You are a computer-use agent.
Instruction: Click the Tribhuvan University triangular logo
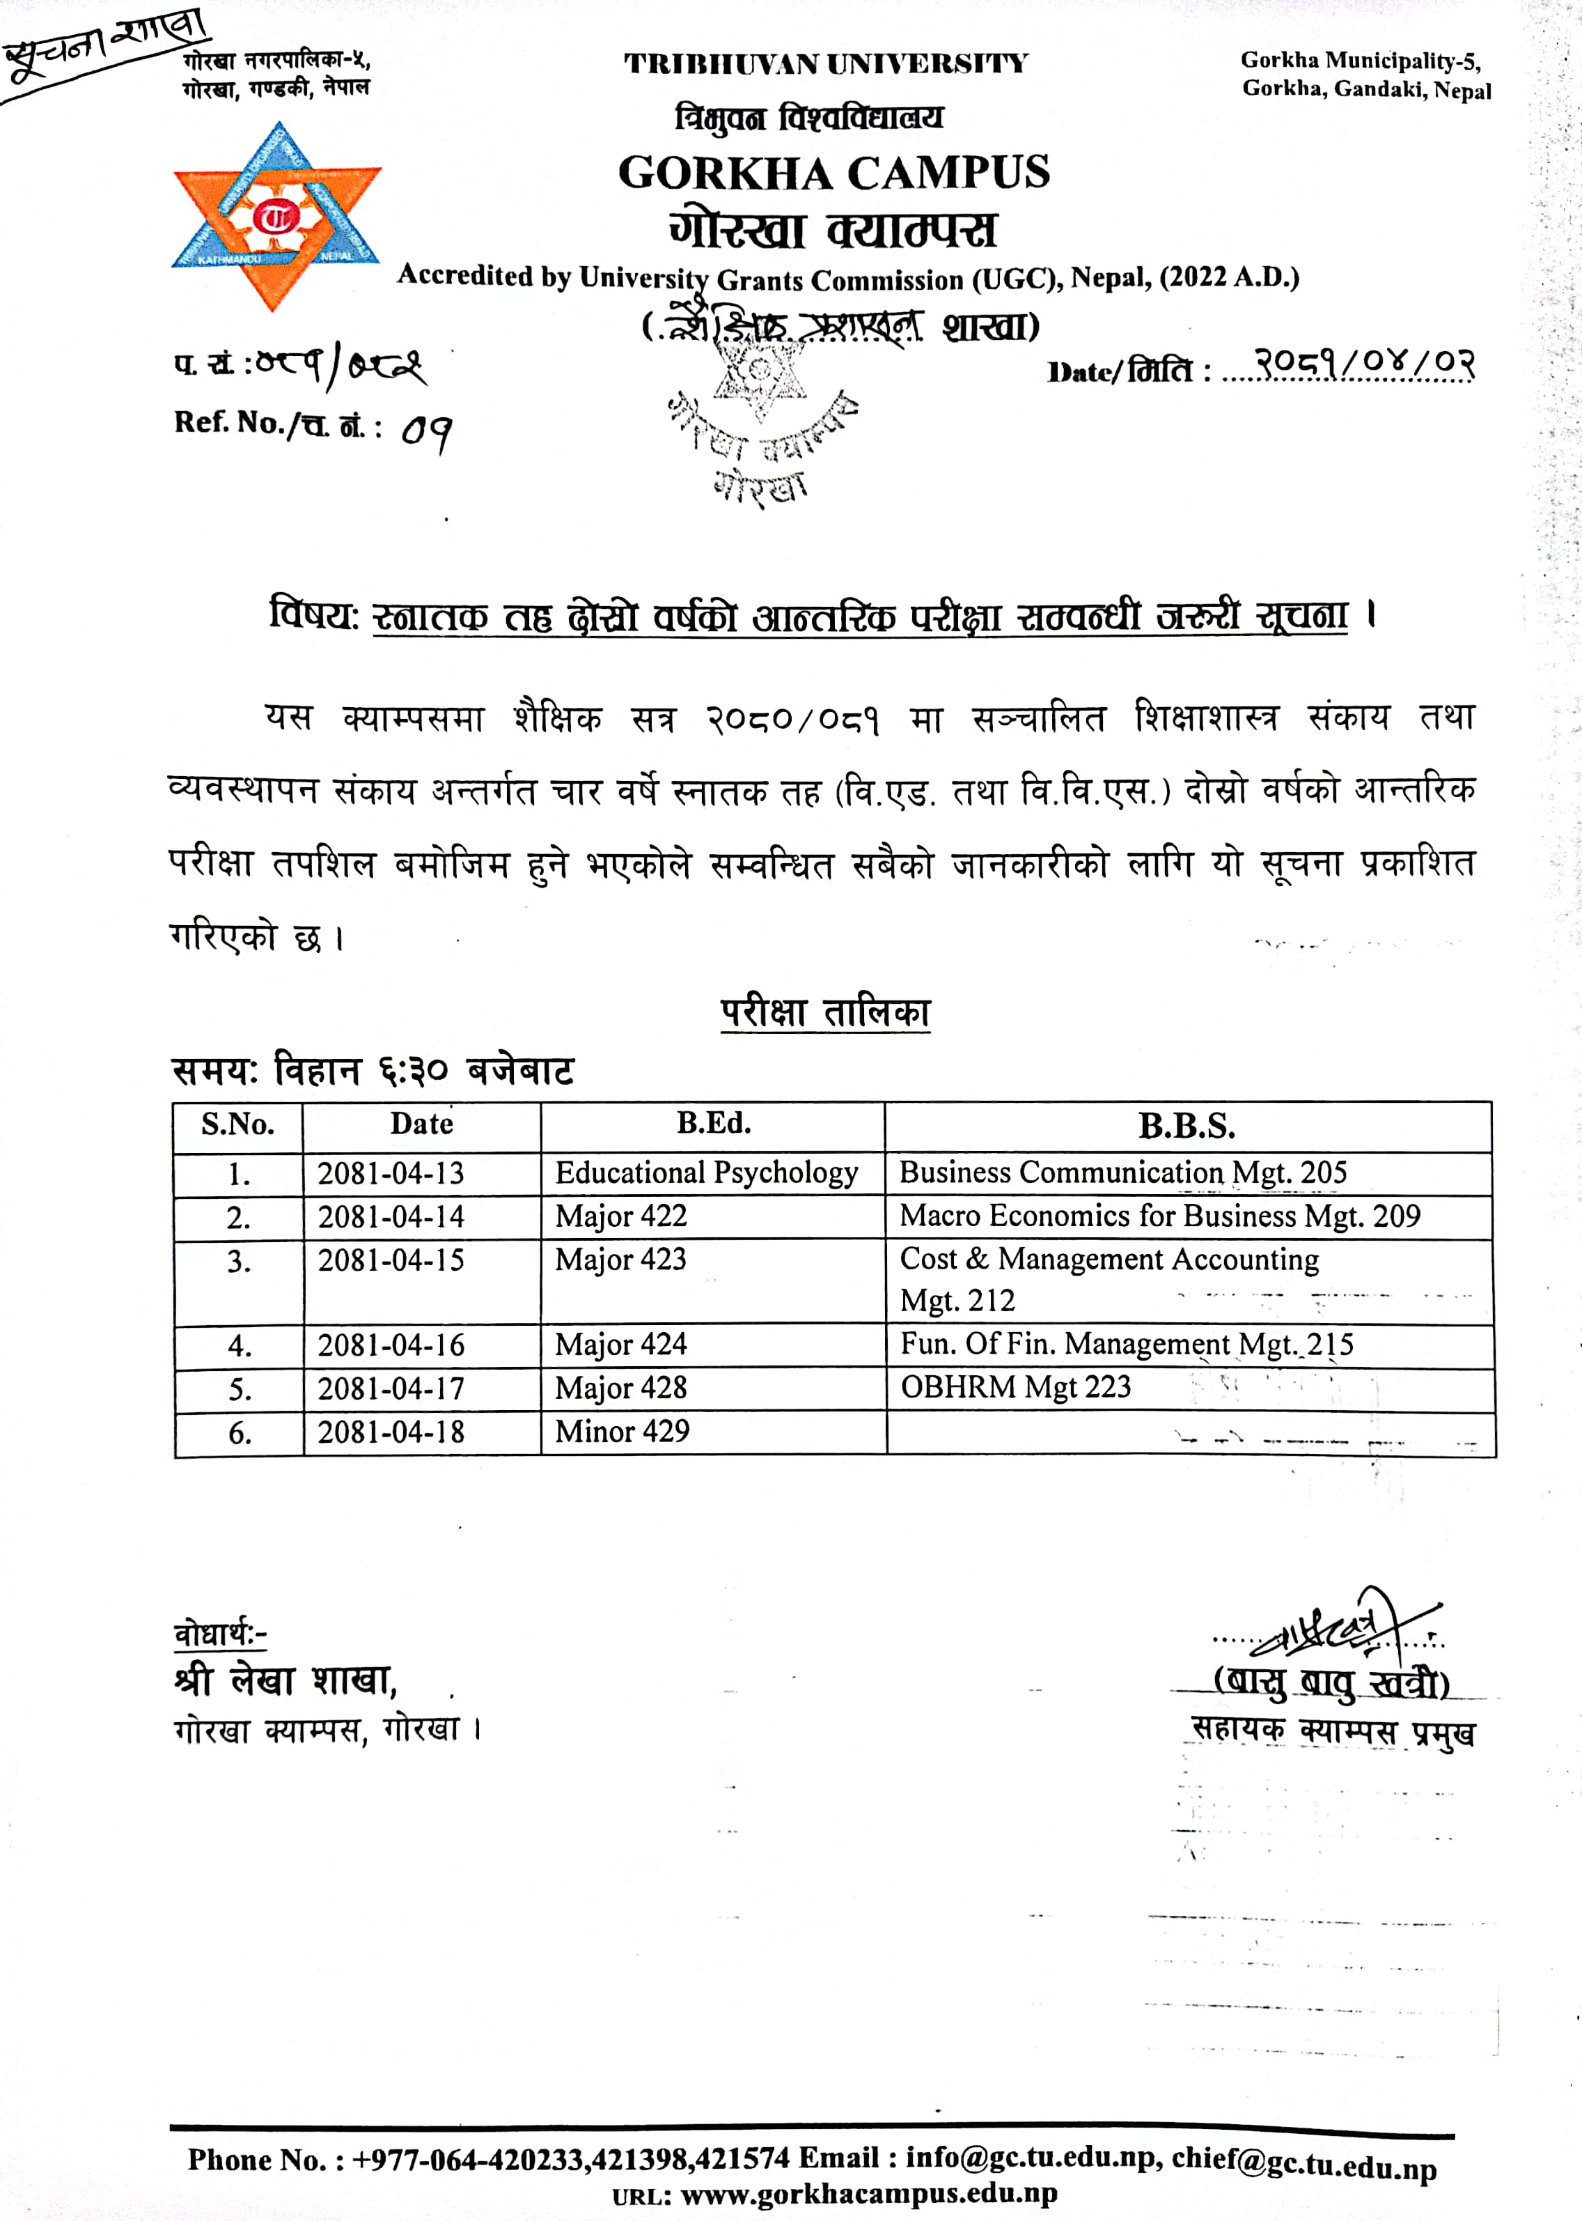276,217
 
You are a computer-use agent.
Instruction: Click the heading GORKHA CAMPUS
834,173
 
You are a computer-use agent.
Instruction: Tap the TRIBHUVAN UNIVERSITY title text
826,64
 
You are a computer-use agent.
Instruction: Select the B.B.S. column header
1186,1127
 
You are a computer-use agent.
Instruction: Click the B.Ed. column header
713,1124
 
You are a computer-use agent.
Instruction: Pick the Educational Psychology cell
706,1173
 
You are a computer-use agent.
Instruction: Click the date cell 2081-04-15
391,1260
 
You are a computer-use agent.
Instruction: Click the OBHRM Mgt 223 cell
1015,1387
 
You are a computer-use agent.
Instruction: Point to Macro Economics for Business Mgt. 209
1159,1216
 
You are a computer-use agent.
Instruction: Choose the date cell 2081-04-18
391,1432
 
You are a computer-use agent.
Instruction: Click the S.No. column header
237,1124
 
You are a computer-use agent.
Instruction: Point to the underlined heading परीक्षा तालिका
825,1012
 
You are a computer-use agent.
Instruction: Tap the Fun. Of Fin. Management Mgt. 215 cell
1126,1345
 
